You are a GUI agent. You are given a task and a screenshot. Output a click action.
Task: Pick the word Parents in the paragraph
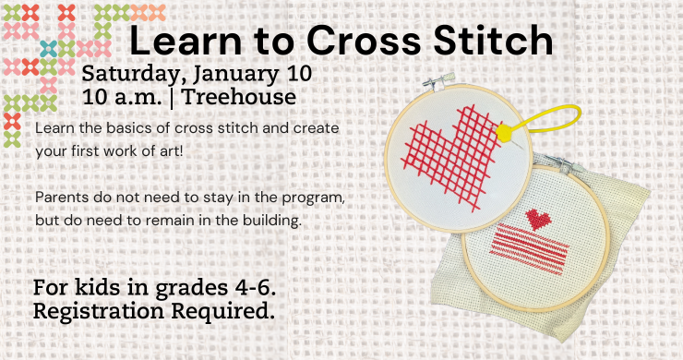pyautogui.click(x=63, y=198)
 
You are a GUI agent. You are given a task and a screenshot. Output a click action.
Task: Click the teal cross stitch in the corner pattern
pyautogui.click(x=48, y=47)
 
